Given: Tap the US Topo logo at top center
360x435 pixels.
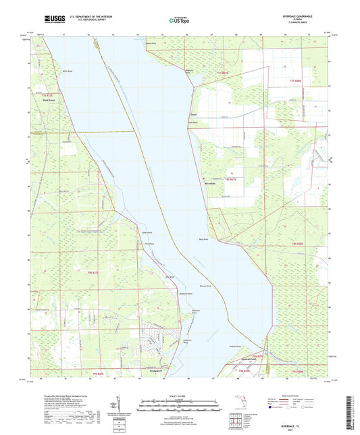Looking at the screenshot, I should [x=177, y=21].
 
